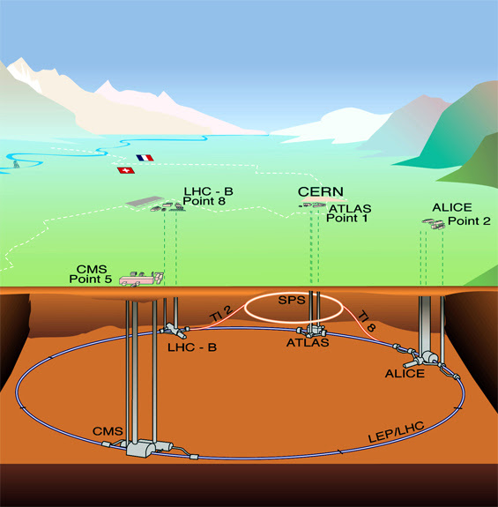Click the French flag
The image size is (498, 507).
pos(145,159)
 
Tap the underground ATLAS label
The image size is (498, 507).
pos(308,343)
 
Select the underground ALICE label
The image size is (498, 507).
pos(404,373)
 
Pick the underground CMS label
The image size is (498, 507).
pos(108,430)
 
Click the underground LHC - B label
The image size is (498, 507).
pos(192,347)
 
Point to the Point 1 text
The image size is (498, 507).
pos(347,218)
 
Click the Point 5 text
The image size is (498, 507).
pos(90,280)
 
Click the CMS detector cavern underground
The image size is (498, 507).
pos(140,447)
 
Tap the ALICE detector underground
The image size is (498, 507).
pos(429,359)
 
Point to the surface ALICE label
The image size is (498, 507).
pos(452,207)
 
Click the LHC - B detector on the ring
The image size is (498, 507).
pos(174,332)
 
